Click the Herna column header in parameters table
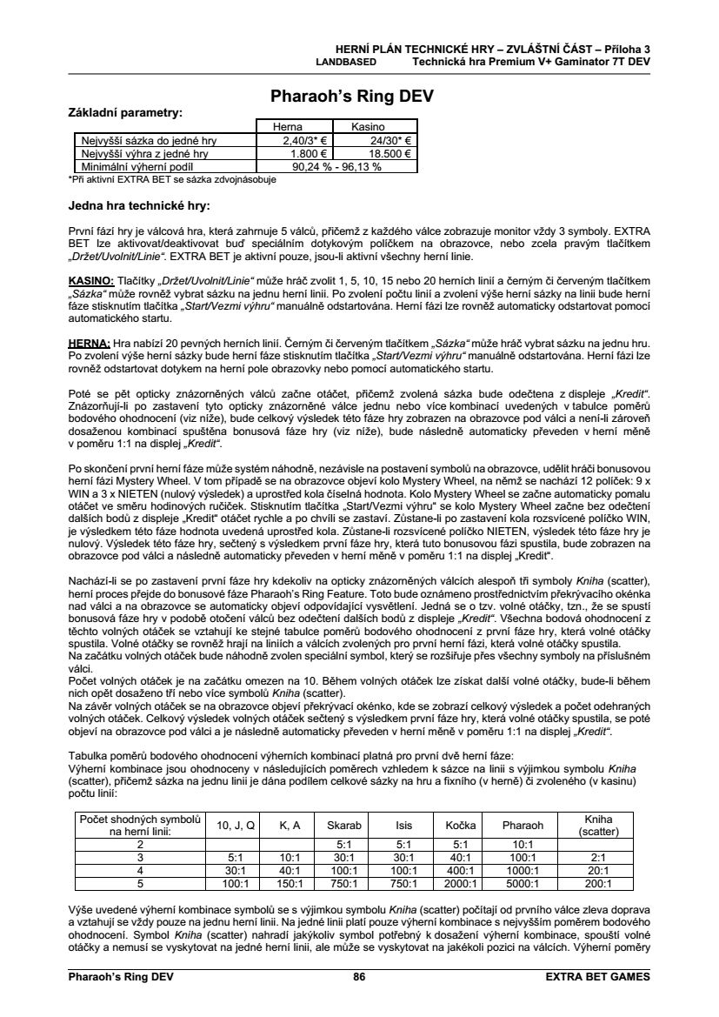pos(289,127)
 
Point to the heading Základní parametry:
pos(125,113)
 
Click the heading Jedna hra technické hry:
pos(139,206)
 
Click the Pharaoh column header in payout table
pos(523,825)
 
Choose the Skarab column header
pos(343,825)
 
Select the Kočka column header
pos(461,825)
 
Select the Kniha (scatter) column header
pos(598,825)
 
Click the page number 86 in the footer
pos(359,977)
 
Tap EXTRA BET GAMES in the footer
pos(597,977)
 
